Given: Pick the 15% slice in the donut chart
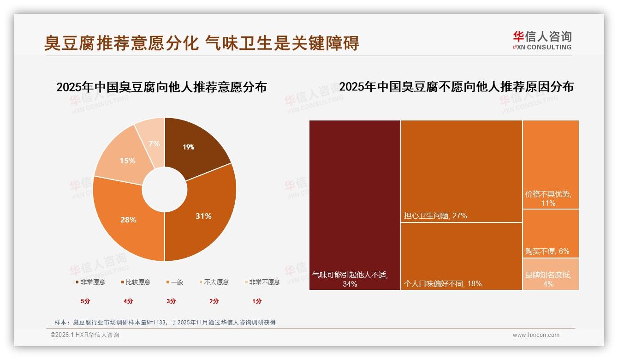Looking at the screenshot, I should (x=125, y=159).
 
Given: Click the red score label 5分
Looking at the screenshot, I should (x=85, y=301).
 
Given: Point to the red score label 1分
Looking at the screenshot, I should (x=257, y=301).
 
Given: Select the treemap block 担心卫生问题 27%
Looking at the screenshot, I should (x=461, y=171).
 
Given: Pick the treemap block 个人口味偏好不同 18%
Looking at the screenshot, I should (x=461, y=256).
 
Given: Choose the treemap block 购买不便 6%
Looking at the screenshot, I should (x=551, y=233).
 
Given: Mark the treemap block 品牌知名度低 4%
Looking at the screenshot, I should (x=551, y=274).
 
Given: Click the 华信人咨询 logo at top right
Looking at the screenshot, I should (x=542, y=41).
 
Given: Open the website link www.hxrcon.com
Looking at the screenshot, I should (x=536, y=335).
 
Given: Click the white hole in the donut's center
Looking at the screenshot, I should (x=165, y=189).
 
